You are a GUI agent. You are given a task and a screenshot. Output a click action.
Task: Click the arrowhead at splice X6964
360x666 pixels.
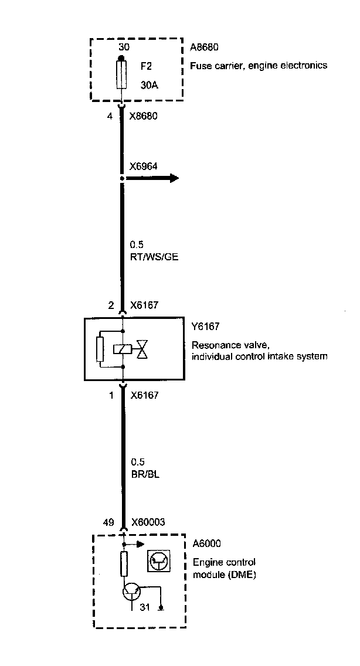[174, 178]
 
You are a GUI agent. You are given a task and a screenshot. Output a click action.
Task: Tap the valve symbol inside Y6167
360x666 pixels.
[143, 350]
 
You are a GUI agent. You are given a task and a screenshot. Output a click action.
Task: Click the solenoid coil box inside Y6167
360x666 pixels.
[122, 350]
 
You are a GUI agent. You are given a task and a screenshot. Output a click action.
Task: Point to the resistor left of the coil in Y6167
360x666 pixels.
[101, 351]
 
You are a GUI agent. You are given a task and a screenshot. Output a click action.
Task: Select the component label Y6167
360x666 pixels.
[205, 327]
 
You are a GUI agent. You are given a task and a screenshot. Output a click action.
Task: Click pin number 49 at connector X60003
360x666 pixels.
[108, 521]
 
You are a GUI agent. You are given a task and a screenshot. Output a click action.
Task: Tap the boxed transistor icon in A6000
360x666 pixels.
[158, 560]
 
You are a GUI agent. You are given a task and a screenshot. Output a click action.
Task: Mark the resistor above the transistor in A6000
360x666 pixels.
[123, 563]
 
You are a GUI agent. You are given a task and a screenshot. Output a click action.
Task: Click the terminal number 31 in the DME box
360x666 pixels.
[145, 607]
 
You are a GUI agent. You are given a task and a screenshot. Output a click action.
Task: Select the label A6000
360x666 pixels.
[205, 543]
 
